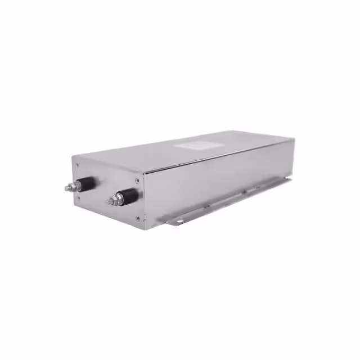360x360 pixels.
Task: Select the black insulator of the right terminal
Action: point(129,196)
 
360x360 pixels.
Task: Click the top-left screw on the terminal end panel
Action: point(78,165)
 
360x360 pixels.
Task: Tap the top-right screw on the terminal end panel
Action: point(137,181)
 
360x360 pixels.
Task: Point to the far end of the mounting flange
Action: point(289,181)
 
